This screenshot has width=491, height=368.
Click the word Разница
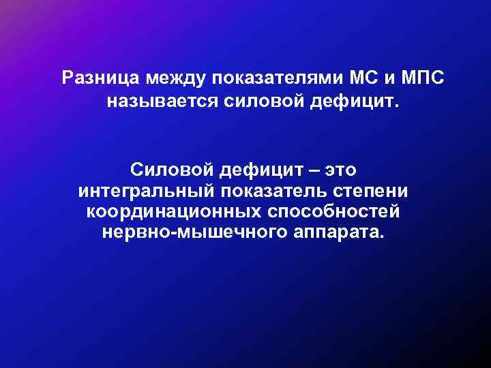tap(96, 78)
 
